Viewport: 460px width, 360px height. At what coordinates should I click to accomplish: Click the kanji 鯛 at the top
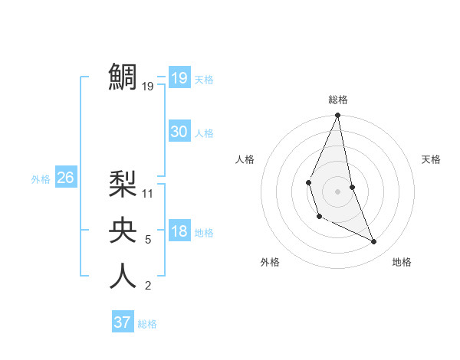(x=123, y=77)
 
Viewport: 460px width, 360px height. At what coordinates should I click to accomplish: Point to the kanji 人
(x=123, y=276)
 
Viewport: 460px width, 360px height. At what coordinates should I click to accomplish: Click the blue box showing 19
(x=179, y=78)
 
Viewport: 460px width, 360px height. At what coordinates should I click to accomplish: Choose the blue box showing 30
(x=179, y=132)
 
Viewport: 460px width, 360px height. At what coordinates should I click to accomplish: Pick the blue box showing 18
(x=179, y=231)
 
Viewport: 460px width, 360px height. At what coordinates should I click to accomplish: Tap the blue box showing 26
(x=65, y=178)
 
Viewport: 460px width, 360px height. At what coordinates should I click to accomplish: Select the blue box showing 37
(x=123, y=322)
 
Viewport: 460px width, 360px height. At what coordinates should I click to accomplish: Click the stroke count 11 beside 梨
(x=149, y=194)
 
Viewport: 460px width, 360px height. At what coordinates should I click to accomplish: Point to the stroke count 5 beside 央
(x=148, y=240)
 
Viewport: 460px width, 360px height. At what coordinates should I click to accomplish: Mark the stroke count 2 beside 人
(x=148, y=286)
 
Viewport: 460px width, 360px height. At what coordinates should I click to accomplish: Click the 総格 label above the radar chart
(x=338, y=100)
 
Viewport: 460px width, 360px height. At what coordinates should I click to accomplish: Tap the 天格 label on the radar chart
(x=432, y=159)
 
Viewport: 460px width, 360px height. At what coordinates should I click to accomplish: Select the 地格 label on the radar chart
(x=402, y=262)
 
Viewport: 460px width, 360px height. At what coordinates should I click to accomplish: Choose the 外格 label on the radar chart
(x=270, y=262)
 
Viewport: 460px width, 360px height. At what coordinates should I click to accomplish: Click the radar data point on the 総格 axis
(x=337, y=116)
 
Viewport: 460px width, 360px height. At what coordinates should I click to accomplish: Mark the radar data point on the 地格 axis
(x=374, y=242)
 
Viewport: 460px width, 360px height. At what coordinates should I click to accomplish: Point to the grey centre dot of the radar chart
(x=337, y=191)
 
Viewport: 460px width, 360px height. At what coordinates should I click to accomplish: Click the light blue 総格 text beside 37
(x=147, y=324)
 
